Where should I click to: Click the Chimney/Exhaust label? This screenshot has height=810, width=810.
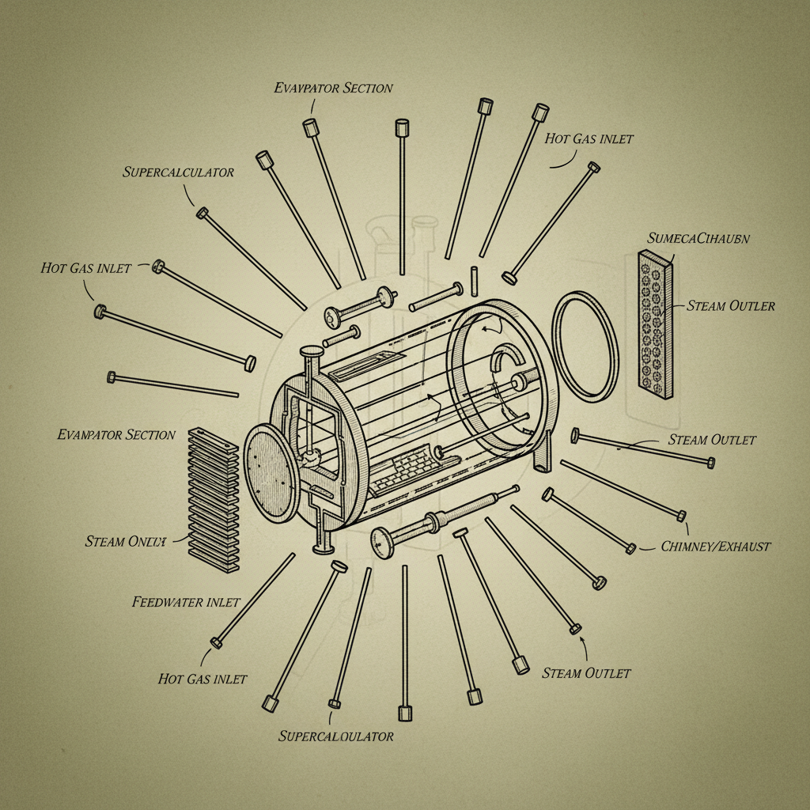pos(714,546)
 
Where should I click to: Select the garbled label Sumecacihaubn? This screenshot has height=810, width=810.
pos(698,237)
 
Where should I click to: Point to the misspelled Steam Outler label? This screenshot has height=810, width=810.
pos(731,306)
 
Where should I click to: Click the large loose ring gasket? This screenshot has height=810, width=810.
pos(585,345)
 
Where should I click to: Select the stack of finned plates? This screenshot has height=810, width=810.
pos(214,498)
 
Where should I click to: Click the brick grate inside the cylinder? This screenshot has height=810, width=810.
pos(399,470)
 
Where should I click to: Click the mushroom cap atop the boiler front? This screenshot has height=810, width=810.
pos(309,350)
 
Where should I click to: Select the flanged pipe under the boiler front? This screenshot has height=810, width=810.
pos(323,532)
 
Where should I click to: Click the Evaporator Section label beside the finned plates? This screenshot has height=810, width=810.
pos(116,434)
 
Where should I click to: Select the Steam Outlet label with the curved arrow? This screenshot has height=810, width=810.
pos(586,673)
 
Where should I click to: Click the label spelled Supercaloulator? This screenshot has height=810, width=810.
pos(335,736)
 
